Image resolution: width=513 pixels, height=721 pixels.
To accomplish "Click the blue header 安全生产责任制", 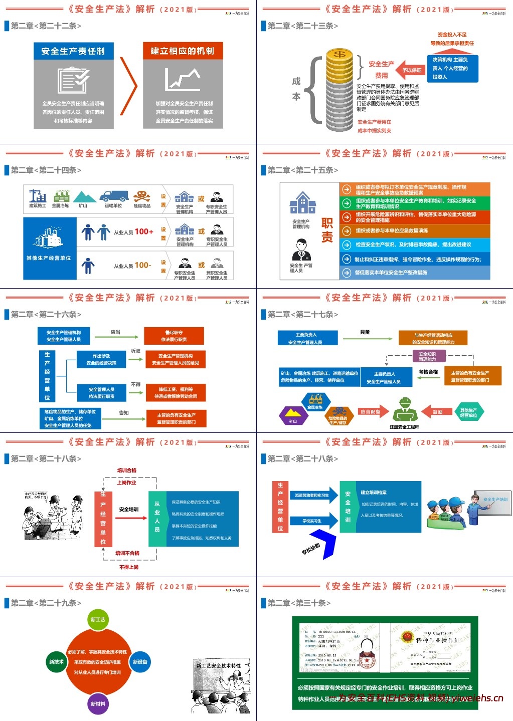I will [x=73, y=51].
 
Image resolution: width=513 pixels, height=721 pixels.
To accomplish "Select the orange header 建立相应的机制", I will [x=183, y=51].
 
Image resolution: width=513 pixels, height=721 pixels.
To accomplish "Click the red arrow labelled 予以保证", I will [x=412, y=70].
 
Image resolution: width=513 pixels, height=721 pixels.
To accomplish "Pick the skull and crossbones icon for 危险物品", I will [x=142, y=196].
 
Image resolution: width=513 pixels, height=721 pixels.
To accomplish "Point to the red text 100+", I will [x=144, y=231].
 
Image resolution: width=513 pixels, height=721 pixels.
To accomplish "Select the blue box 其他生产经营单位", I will [x=49, y=248].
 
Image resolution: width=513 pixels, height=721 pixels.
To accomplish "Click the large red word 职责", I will [x=327, y=230].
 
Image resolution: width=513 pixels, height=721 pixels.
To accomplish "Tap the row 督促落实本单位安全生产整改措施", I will [x=415, y=273].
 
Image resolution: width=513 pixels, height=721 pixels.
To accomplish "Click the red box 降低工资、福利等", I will [x=176, y=392].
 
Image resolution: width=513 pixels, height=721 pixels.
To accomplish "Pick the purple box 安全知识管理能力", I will [x=427, y=356].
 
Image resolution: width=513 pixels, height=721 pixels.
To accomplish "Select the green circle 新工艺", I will [x=98, y=619].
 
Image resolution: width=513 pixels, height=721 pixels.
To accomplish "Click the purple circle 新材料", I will [x=98, y=703].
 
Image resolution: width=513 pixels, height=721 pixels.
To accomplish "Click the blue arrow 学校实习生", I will [x=312, y=521].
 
